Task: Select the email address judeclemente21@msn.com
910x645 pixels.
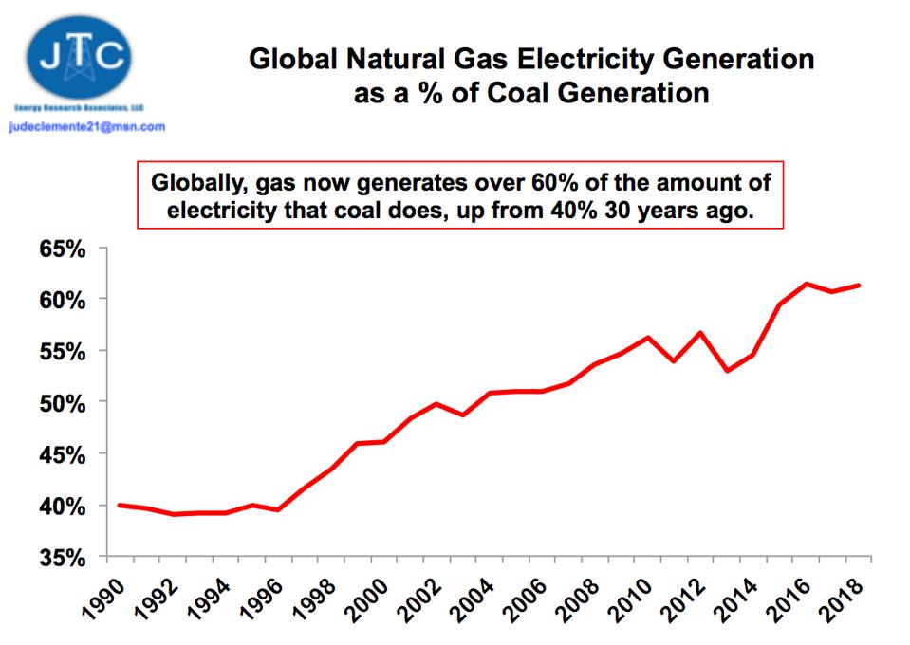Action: (86, 126)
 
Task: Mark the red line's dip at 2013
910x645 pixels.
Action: (727, 370)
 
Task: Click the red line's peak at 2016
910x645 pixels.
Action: (806, 284)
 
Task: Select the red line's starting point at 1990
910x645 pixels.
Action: (119, 505)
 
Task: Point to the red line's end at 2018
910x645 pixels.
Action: (859, 285)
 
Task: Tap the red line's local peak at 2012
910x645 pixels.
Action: (700, 332)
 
